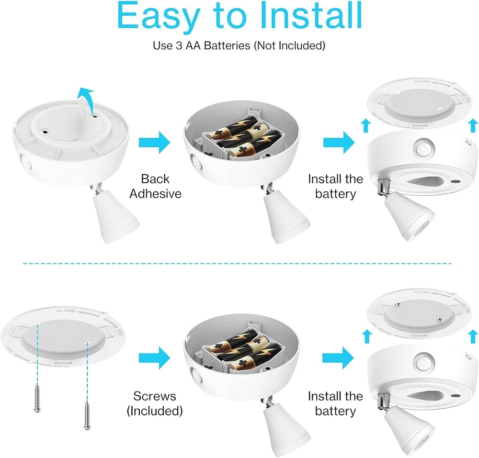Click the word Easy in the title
pyautogui.click(x=159, y=16)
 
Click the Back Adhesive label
pyautogui.click(x=155, y=186)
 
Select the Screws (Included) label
pyautogui.click(x=155, y=403)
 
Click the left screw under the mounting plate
pyautogui.click(x=37, y=398)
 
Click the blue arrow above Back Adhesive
pyautogui.click(x=154, y=143)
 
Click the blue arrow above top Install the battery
pyautogui.click(x=339, y=143)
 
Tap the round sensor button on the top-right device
pyautogui.click(x=424, y=148)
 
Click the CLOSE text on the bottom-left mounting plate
pyautogui.click(x=66, y=311)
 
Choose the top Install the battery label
pyautogui.click(x=335, y=186)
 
